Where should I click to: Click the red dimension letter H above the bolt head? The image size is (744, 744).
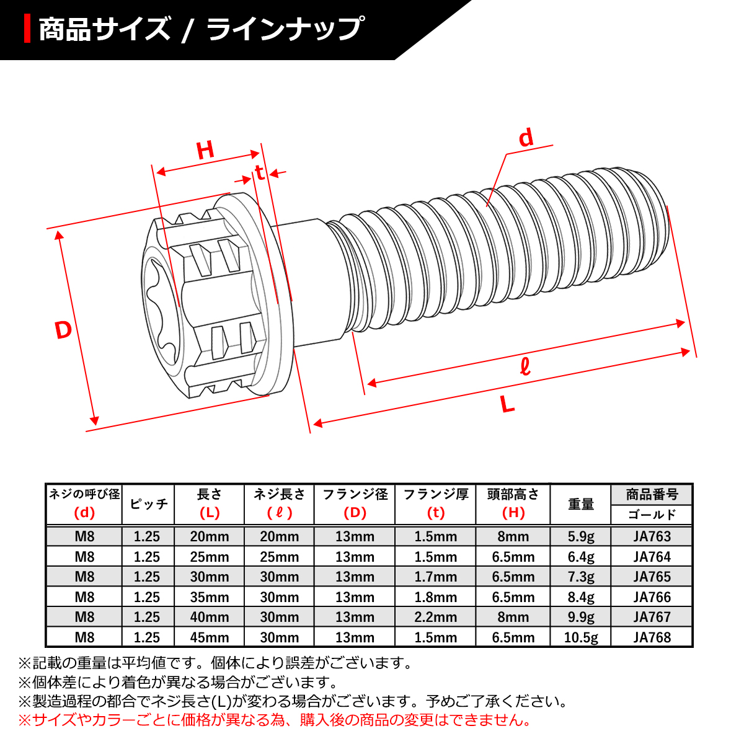pyautogui.click(x=205, y=150)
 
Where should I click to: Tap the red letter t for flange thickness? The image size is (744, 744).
pyautogui.click(x=260, y=172)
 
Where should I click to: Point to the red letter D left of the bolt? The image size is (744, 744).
pyautogui.click(x=63, y=330)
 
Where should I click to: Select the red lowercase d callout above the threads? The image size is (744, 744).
pyautogui.click(x=526, y=138)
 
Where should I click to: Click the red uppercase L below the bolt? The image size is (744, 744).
pyautogui.click(x=508, y=405)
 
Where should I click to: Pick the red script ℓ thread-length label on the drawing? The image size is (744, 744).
pyautogui.click(x=525, y=367)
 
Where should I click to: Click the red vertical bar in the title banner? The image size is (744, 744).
pyautogui.click(x=27, y=29)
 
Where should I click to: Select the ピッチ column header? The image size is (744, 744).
pyautogui.click(x=148, y=504)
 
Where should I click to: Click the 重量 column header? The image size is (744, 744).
pyautogui.click(x=580, y=504)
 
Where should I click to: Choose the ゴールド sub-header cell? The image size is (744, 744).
pyautogui.click(x=652, y=515)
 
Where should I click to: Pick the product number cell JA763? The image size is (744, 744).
pyautogui.click(x=652, y=536)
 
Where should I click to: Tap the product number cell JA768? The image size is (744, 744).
pyautogui.click(x=652, y=637)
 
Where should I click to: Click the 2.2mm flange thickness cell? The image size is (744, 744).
pyautogui.click(x=435, y=618)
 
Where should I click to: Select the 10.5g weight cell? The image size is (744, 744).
pyautogui.click(x=580, y=637)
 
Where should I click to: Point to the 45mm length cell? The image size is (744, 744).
pyautogui.click(x=210, y=637)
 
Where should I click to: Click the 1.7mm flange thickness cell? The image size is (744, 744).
pyautogui.click(x=435, y=577)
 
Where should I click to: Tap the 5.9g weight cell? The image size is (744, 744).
pyautogui.click(x=580, y=536)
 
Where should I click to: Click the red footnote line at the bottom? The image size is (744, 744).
pyautogui.click(x=275, y=720)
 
